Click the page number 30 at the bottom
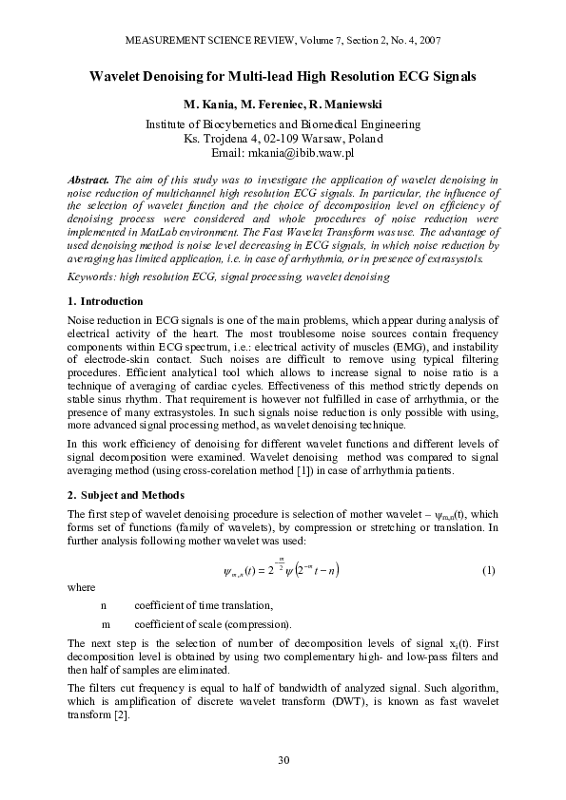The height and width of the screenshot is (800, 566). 283,758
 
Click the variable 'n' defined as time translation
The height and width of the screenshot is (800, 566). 104,605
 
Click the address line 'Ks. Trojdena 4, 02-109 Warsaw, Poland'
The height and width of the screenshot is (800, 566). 283,138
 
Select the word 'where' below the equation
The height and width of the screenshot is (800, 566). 82,587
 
